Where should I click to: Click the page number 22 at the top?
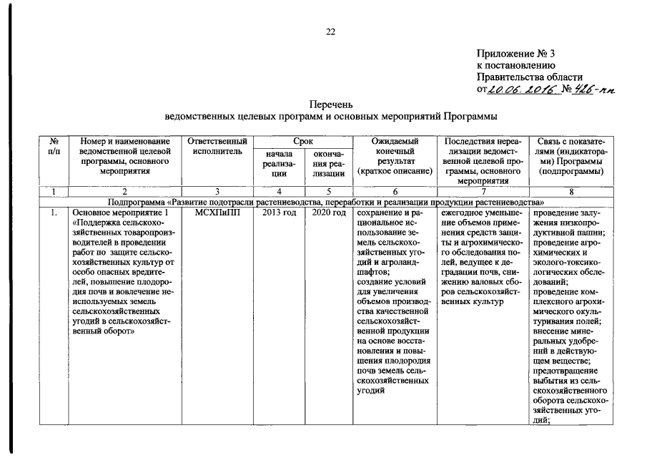331,31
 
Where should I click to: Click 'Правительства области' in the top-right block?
530,77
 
